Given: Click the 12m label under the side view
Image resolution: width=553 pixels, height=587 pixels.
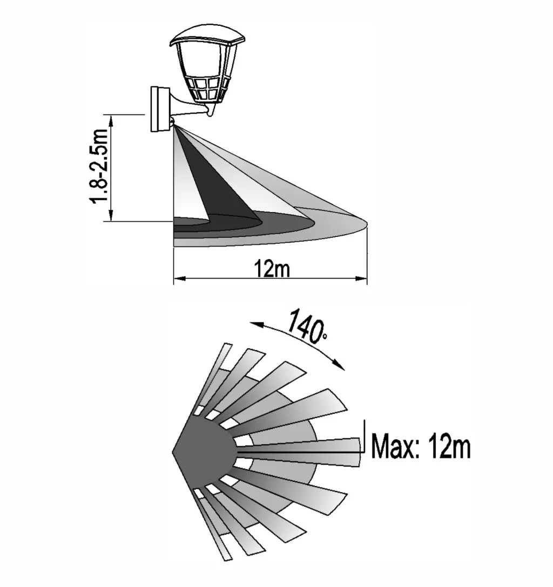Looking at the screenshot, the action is [x=272, y=269].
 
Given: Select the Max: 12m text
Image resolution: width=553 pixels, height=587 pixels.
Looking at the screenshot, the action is [x=421, y=446].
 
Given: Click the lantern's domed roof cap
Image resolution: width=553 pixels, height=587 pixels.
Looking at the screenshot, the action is [x=207, y=36].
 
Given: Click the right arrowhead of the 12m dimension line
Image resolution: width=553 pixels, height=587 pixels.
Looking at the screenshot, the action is [x=361, y=278].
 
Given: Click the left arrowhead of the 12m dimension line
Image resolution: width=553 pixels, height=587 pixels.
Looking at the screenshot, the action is [x=180, y=278].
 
